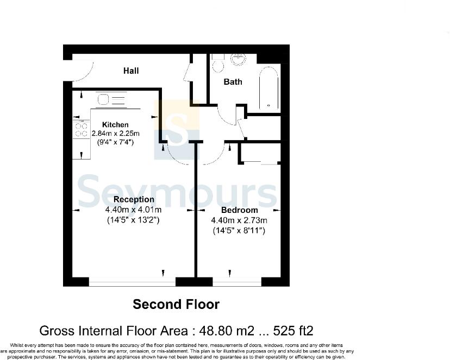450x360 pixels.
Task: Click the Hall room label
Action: (x=130, y=71)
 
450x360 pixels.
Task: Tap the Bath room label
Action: (x=233, y=82)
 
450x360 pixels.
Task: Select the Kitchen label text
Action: (x=115, y=125)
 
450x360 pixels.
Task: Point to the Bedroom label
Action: (x=239, y=210)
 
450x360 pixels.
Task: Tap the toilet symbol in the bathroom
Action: (x=218, y=65)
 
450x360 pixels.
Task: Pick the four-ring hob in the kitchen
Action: (x=81, y=129)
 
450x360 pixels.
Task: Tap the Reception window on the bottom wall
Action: (x=132, y=282)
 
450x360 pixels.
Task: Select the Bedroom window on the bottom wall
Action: (x=237, y=282)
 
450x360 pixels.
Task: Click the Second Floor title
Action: (x=176, y=304)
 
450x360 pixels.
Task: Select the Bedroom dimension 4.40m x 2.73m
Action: (x=239, y=220)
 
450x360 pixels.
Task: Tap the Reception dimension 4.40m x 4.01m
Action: (x=134, y=210)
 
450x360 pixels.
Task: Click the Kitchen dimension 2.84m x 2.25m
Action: (x=115, y=134)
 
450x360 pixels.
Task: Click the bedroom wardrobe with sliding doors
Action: (x=260, y=153)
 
